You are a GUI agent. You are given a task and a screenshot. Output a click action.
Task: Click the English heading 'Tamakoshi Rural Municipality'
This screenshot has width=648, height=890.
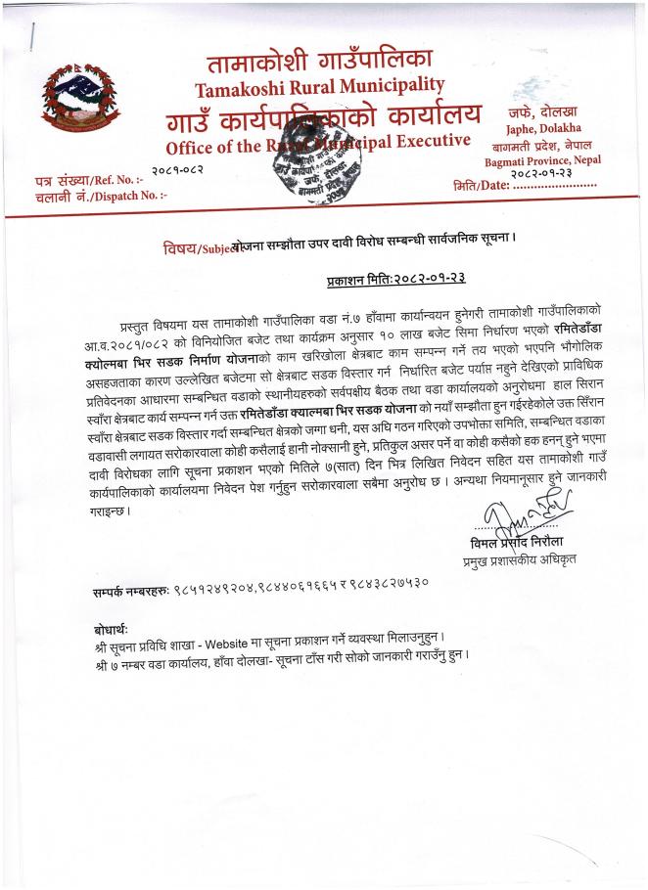tap(319, 87)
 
